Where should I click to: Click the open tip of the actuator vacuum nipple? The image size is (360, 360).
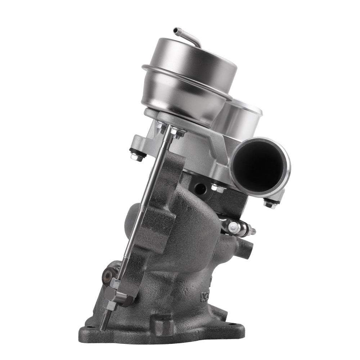176,30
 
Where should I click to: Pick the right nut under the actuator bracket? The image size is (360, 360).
177,132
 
